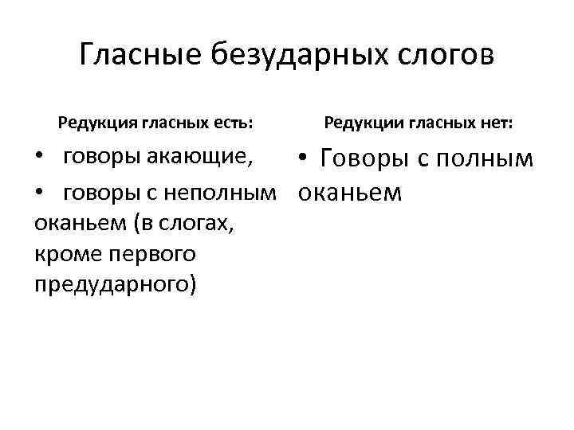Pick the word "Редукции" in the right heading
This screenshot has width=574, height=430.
pyautogui.click(x=362, y=123)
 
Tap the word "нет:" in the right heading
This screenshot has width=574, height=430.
pyautogui.click(x=497, y=123)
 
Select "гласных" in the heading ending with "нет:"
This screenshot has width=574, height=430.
pyautogui.click(x=442, y=123)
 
